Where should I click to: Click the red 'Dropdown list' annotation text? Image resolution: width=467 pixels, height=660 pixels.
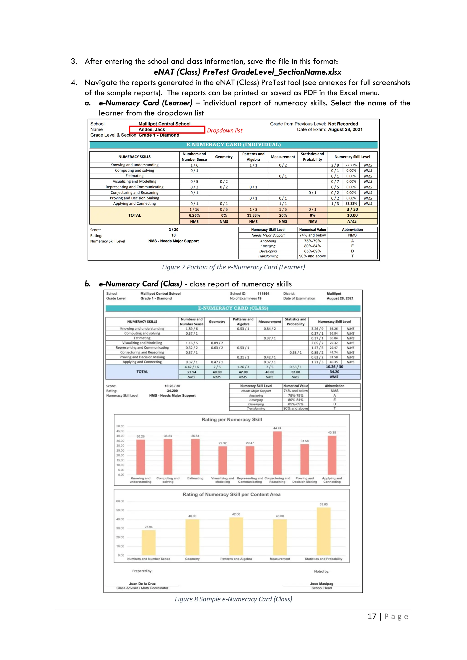click(x=225, y=131)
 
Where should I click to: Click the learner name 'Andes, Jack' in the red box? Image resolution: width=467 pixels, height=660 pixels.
click(x=152, y=130)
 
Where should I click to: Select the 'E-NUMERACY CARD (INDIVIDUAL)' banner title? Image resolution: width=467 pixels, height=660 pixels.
click(x=233, y=144)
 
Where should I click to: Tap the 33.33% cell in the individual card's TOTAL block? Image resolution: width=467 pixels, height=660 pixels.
click(x=253, y=215)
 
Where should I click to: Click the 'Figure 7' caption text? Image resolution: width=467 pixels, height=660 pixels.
click(x=233, y=267)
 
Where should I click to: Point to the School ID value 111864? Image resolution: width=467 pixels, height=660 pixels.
click(x=263, y=294)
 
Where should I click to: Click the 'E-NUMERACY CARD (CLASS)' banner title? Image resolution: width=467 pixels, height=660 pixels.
click(x=233, y=308)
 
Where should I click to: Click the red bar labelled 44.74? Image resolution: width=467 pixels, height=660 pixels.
click(x=277, y=453)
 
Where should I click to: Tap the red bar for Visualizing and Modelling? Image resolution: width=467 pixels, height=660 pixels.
click(x=223, y=460)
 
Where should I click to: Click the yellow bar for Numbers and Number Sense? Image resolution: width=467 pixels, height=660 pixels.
click(x=149, y=542)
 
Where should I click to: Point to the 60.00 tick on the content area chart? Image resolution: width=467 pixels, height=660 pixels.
click(x=120, y=501)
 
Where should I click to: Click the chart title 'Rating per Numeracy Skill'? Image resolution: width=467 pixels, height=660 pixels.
click(x=231, y=420)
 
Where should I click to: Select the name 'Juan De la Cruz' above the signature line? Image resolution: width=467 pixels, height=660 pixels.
click(x=142, y=583)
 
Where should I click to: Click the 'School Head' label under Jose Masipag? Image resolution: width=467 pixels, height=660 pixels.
click(x=322, y=588)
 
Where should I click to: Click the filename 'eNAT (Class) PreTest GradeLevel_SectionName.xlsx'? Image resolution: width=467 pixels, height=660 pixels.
click(x=247, y=72)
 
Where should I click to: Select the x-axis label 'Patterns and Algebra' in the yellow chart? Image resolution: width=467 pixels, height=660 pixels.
click(x=236, y=559)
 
